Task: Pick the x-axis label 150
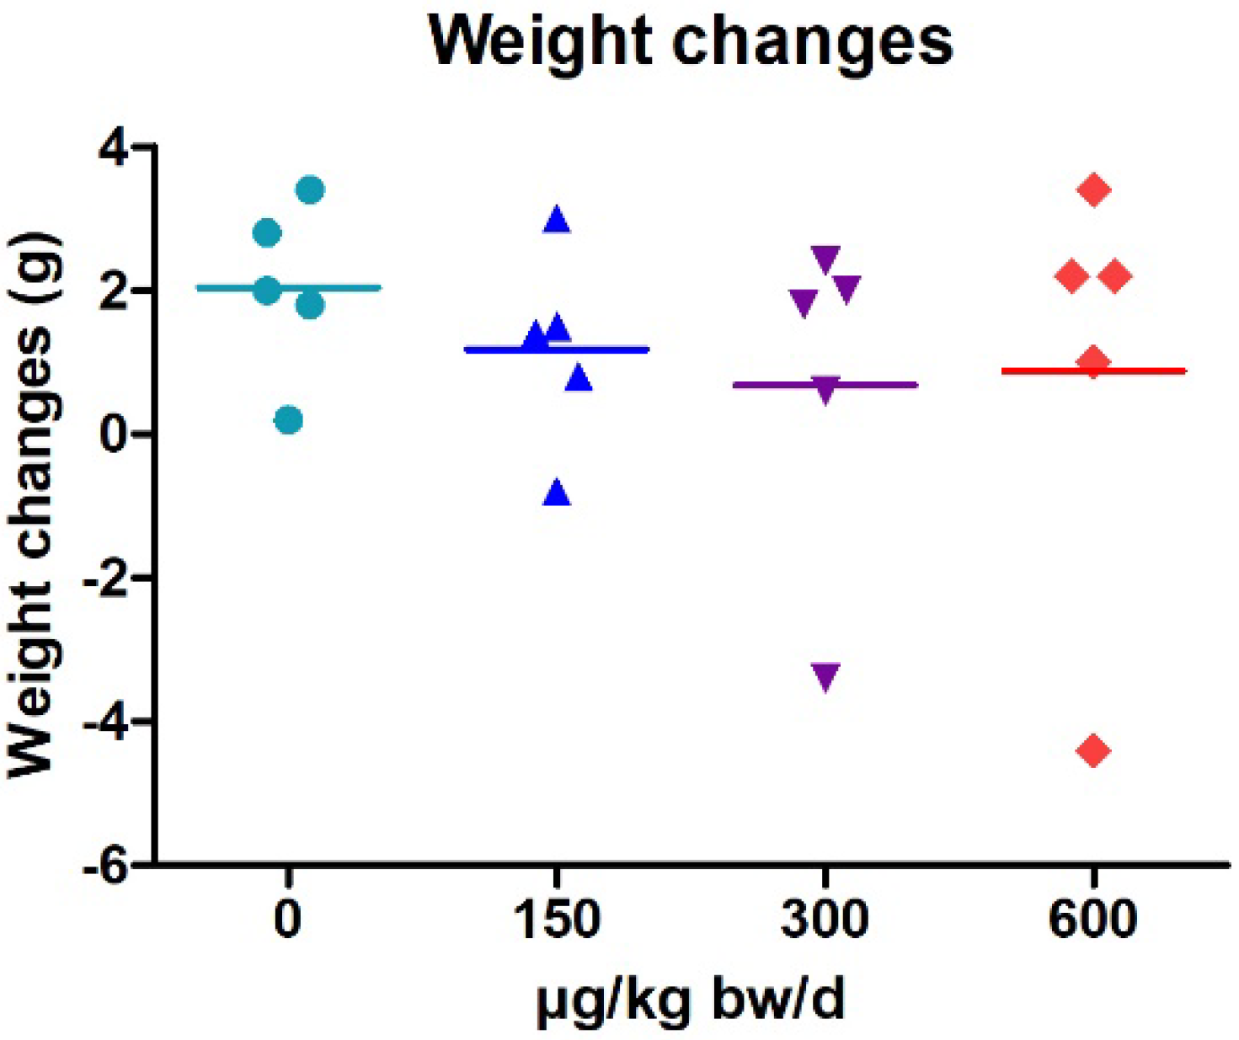557,920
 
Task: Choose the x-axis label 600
1092,920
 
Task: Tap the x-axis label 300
825,920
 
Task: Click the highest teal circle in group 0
311,190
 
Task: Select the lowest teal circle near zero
289,420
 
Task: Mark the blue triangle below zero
557,493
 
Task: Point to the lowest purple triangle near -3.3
825,675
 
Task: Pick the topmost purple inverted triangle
825,259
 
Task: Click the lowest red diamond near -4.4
1094,750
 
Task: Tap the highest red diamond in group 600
1094,190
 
